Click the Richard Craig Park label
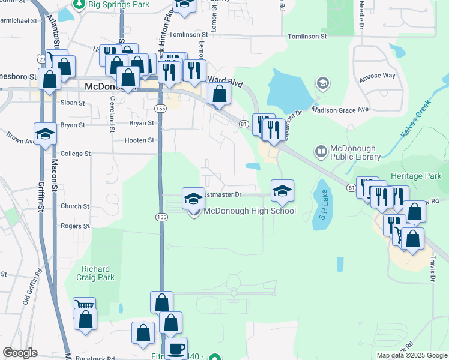[x=97, y=274]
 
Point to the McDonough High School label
[x=250, y=211]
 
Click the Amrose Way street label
[x=377, y=76]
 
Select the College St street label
[x=75, y=154]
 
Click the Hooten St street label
[x=139, y=140]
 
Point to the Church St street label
[x=75, y=206]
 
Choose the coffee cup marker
[x=176, y=349]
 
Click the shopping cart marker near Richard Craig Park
[x=84, y=306]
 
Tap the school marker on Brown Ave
[x=45, y=134]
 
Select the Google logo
[x=20, y=353]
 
